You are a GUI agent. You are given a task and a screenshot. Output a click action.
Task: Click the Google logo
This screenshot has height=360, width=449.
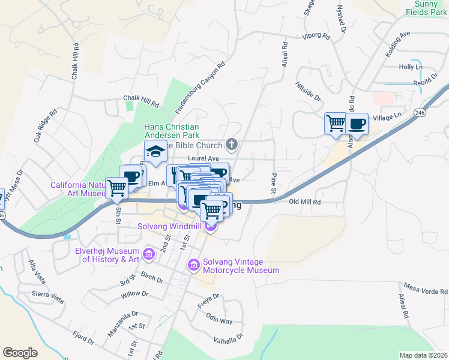pyautogui.click(x=20, y=353)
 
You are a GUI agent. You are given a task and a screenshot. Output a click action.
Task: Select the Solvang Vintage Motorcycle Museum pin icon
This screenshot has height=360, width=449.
pyautogui.click(x=194, y=265)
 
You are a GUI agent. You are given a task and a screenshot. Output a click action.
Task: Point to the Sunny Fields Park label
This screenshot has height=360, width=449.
pyautogui.click(x=423, y=7)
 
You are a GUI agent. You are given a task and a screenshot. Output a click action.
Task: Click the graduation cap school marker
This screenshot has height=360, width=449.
pyautogui.click(x=155, y=152)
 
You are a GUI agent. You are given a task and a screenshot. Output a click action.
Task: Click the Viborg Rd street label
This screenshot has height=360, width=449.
pyautogui.click(x=317, y=37)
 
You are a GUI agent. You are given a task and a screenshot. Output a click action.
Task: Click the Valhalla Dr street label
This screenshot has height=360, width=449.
pyautogui.click(x=229, y=339)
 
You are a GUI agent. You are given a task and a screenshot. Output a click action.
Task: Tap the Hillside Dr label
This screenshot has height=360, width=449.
pyautogui.click(x=309, y=91)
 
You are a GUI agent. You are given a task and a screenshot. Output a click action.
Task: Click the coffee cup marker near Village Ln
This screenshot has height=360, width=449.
pyautogui.click(x=357, y=124)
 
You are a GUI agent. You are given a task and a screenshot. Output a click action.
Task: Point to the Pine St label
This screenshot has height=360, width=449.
pyautogui.click(x=273, y=183)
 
